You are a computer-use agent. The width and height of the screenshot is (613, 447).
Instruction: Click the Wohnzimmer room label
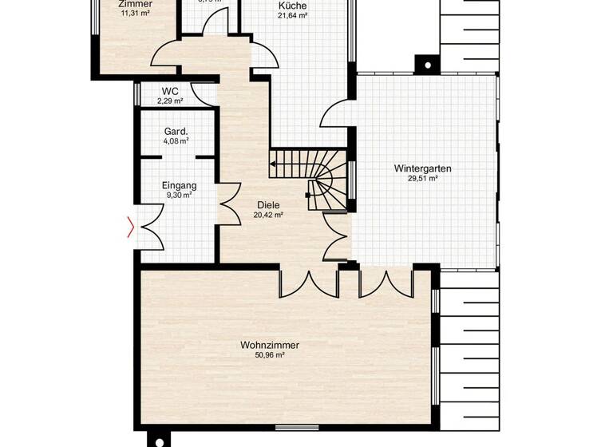pos(269,345)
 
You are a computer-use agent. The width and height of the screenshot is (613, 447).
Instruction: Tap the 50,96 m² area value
pos(269,355)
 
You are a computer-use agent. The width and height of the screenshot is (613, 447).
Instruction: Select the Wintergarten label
pos(422,168)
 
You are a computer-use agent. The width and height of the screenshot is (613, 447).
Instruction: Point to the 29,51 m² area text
pos(422,179)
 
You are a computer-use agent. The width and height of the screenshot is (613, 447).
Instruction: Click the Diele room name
pos(268,204)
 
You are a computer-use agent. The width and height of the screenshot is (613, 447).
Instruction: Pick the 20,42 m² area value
pos(268,215)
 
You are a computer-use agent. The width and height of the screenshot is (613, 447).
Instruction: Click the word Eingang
pos(179,185)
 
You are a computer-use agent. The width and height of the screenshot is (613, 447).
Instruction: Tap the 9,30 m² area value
pos(179,196)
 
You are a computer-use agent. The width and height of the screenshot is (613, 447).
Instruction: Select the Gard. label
pos(176,131)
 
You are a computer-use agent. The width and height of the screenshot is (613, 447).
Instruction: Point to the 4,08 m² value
pos(176,141)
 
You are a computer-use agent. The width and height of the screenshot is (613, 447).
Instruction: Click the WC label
pos(169,91)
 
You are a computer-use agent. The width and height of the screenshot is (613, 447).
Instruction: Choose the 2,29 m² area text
pos(170,101)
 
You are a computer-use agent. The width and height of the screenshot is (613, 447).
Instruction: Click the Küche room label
pos(292,6)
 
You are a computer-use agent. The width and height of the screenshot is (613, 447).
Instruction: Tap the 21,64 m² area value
pos(292,15)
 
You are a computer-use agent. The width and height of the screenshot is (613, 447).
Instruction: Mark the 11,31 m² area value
pos(135,13)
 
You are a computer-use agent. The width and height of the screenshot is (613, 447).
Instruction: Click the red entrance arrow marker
pos(131,229)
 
